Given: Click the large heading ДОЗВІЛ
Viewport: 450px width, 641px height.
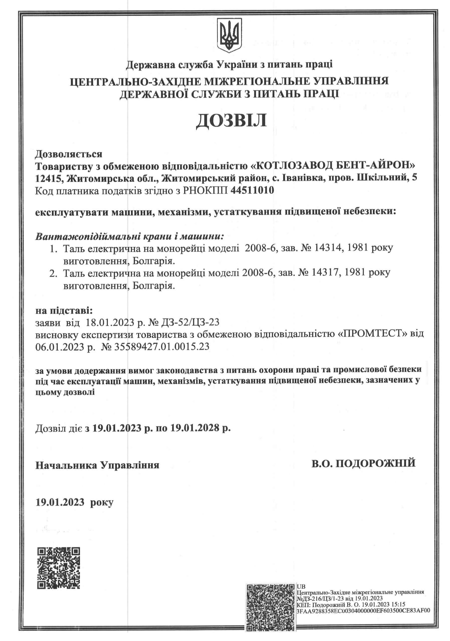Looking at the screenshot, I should [x=231, y=121].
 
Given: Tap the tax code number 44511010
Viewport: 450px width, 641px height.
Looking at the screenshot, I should [x=252, y=190].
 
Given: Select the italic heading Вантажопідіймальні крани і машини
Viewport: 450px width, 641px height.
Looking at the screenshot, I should [x=129, y=236].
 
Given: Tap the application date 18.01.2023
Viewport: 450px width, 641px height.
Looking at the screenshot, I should [x=110, y=323].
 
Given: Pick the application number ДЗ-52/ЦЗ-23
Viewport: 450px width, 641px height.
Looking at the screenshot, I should [x=190, y=323].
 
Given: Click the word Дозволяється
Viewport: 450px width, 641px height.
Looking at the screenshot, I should [x=68, y=154].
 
